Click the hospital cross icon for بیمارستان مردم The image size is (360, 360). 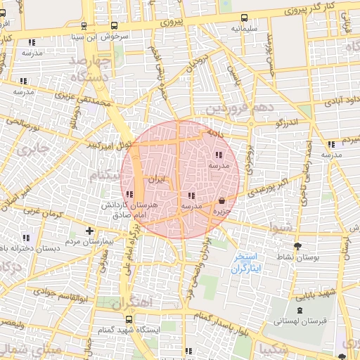pos(89,231)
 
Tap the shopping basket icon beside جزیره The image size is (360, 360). pos(222,200)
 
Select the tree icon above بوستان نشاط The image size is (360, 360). pos(298,246)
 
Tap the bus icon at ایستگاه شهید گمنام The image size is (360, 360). pos(128,319)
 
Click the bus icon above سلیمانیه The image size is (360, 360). pos(243,18)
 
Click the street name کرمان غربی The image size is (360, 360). pos(43,212)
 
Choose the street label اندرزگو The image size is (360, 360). pos(288,122)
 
